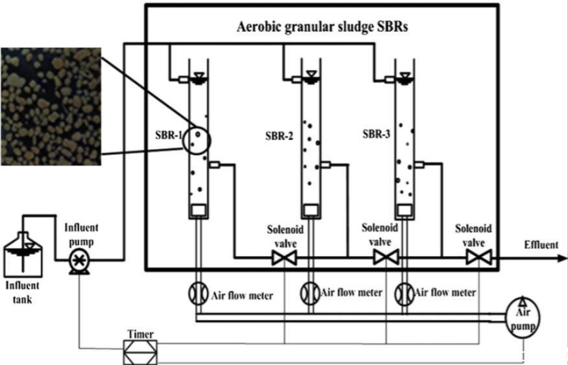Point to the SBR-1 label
pyautogui.click(x=165, y=137)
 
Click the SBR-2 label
pyautogui.click(x=281, y=136)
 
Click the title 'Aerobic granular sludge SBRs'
pyautogui.click(x=322, y=29)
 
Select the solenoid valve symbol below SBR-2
pyautogui.click(x=284, y=259)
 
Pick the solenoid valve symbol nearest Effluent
pyautogui.click(x=479, y=258)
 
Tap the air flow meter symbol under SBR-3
pyautogui.click(x=405, y=293)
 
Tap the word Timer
pyautogui.click(x=141, y=335)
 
